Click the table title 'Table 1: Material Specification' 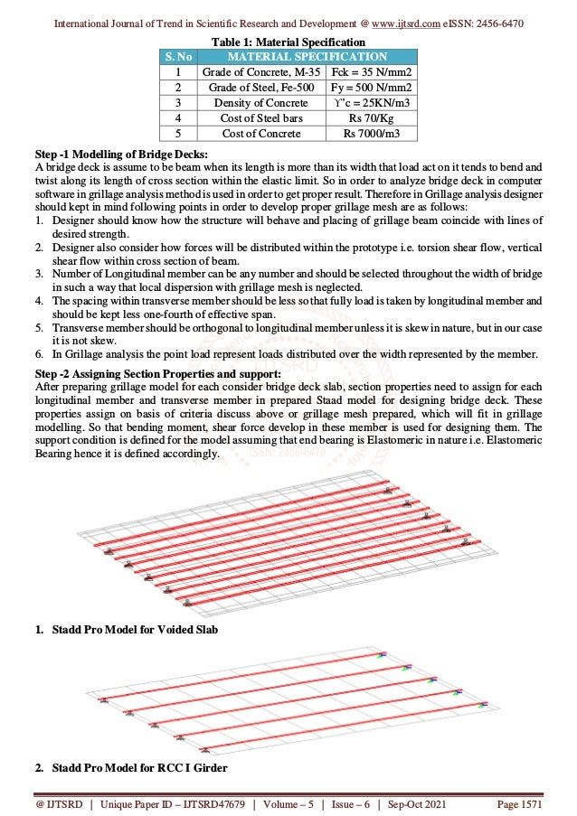click(x=288, y=42)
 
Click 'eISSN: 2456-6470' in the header click(x=486, y=22)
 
